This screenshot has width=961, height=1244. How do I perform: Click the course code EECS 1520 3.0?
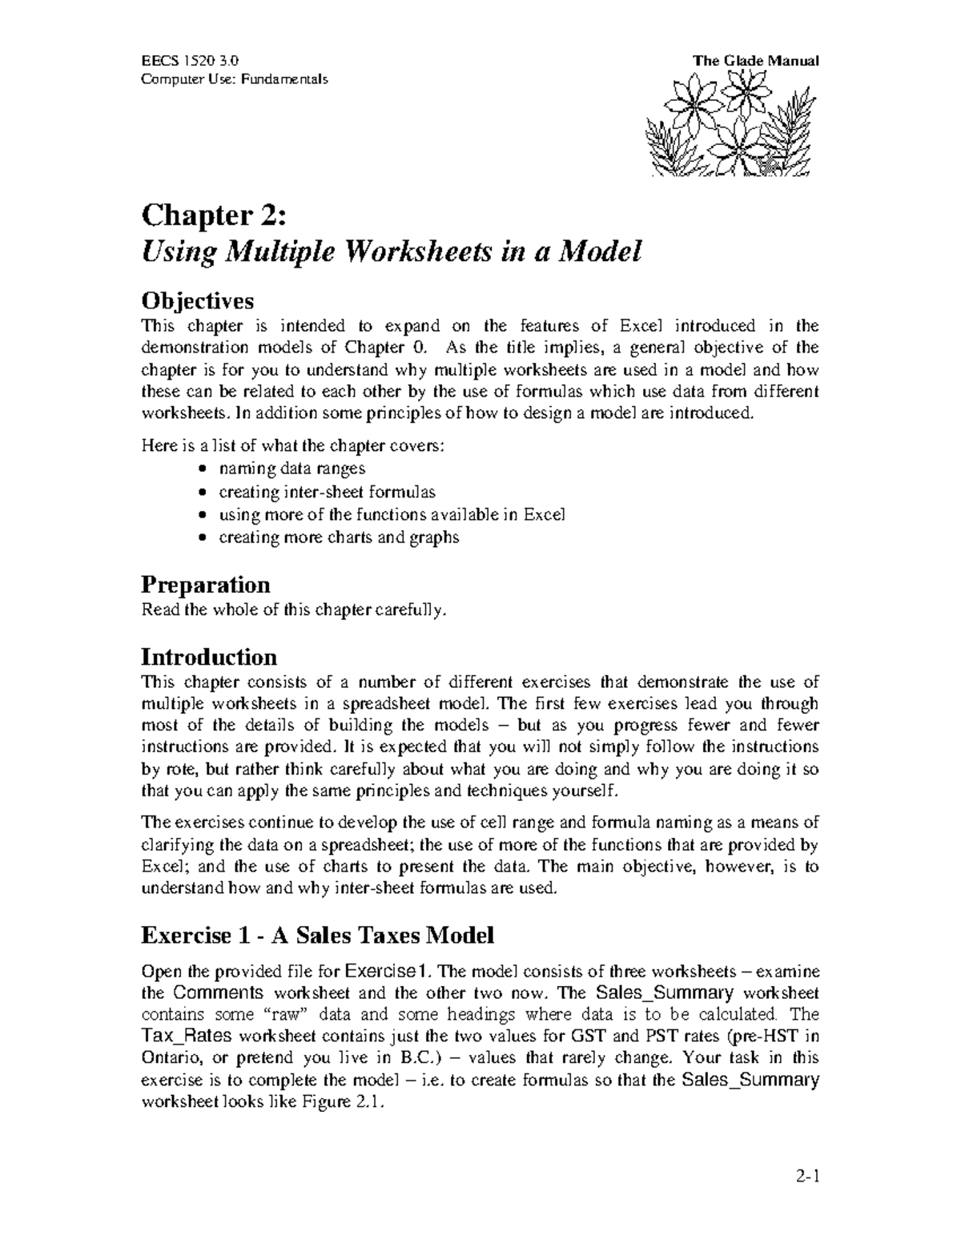[x=189, y=61]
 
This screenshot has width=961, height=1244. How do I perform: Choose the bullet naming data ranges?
[x=292, y=469]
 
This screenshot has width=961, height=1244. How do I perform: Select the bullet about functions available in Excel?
[x=392, y=514]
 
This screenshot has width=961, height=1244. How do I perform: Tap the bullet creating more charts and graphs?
[x=339, y=537]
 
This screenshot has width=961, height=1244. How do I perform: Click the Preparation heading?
[x=205, y=584]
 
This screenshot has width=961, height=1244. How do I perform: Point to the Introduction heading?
[x=209, y=657]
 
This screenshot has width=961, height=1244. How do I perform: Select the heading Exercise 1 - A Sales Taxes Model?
[x=317, y=934]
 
